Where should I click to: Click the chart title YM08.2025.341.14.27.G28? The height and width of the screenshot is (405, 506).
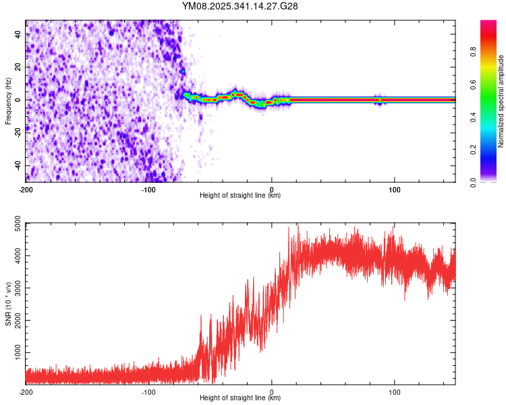240,6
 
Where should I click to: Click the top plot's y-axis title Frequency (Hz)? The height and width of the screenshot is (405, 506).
8,101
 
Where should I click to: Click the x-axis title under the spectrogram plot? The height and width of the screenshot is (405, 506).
240,196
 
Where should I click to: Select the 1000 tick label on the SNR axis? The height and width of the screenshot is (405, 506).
13,353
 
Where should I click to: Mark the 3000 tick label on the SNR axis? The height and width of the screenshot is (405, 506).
13,288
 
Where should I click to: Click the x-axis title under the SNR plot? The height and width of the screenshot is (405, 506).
240,398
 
